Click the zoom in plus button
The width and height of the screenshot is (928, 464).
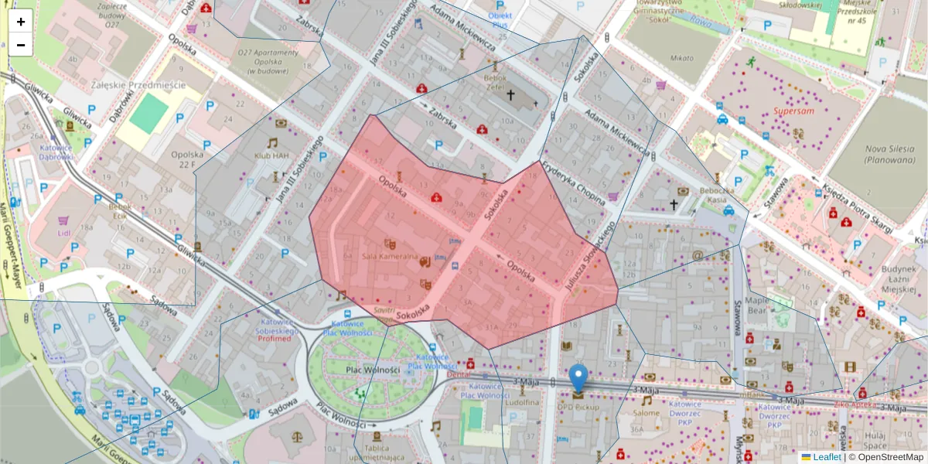21,21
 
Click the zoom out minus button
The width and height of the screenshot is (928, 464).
21,45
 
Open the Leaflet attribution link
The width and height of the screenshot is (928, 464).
827,457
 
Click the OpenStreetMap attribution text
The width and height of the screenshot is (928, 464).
886,457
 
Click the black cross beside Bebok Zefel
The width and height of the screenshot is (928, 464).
510,95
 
